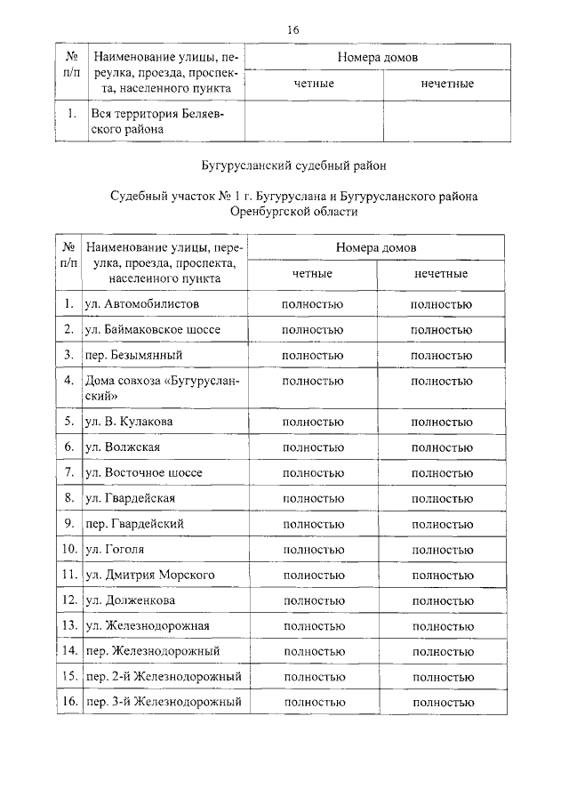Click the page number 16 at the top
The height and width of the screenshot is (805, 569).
[x=293, y=28]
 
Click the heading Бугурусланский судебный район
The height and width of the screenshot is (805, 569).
[x=293, y=165]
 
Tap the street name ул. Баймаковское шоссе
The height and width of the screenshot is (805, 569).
[x=152, y=329]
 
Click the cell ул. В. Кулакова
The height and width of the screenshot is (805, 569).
[x=129, y=421]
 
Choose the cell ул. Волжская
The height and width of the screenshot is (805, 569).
[x=123, y=447]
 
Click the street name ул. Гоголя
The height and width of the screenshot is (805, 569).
[x=115, y=550]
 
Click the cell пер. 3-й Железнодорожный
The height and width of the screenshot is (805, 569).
[x=164, y=703]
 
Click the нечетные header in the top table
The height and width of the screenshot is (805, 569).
[x=446, y=84]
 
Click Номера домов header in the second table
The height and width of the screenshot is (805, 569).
[x=377, y=246]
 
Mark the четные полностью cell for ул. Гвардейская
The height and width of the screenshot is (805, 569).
[x=312, y=498]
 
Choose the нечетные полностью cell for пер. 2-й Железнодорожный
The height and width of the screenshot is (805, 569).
[x=442, y=677]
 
